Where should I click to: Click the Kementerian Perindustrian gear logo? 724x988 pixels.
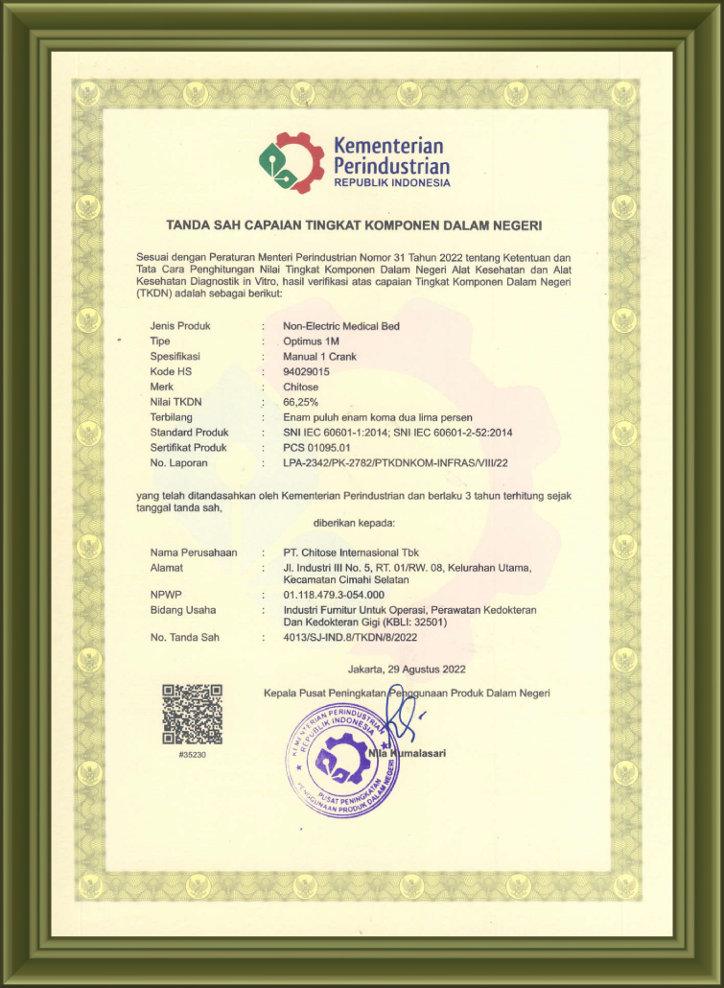tap(292, 162)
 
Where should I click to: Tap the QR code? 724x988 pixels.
tap(192, 715)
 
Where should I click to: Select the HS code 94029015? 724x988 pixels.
tap(307, 371)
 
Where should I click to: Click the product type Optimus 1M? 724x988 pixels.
tap(312, 341)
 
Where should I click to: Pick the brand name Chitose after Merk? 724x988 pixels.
tap(303, 387)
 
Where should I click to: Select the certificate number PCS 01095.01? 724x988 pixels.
tap(317, 447)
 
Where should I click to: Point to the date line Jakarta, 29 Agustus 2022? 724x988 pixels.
tap(407, 669)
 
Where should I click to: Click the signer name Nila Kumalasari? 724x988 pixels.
tap(407, 753)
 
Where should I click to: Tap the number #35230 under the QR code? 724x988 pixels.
tap(192, 755)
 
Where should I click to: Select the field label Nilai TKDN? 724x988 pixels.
tap(176, 401)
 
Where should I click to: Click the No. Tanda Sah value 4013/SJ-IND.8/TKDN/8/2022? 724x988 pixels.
tap(351, 637)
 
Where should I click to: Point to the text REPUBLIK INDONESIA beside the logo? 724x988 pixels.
tap(391, 182)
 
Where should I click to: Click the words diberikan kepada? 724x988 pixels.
tap(354, 523)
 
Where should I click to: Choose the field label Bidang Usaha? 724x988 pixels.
tap(183, 609)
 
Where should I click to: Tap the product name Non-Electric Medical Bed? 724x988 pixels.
tap(340, 326)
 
